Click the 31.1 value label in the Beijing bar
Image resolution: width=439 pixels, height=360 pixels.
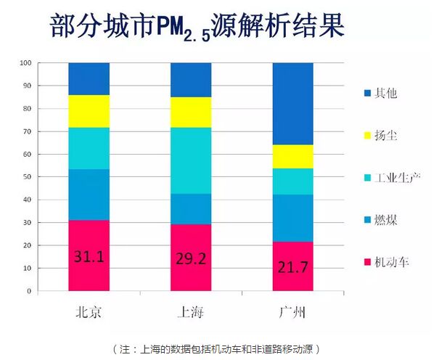click(x=89, y=256)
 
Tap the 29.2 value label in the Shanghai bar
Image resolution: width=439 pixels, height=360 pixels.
click(x=191, y=258)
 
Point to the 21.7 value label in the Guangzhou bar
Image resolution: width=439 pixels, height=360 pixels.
click(x=292, y=267)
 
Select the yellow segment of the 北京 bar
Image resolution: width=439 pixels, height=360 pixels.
click(x=89, y=111)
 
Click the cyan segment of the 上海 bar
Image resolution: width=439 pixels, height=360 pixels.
click(x=191, y=160)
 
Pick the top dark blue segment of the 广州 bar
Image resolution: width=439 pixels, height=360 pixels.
click(x=292, y=104)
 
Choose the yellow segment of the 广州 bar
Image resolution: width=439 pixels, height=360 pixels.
click(x=292, y=157)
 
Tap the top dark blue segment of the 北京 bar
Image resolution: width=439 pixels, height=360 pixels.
click(x=89, y=78)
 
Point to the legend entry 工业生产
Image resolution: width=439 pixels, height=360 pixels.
click(x=392, y=177)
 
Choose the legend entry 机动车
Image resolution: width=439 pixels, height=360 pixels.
click(x=387, y=261)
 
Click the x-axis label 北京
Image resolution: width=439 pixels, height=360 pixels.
click(x=89, y=313)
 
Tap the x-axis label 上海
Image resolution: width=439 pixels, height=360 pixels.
click(x=191, y=313)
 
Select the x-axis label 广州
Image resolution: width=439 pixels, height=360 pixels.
click(x=292, y=313)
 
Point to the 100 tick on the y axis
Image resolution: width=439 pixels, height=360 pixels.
click(x=27, y=63)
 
